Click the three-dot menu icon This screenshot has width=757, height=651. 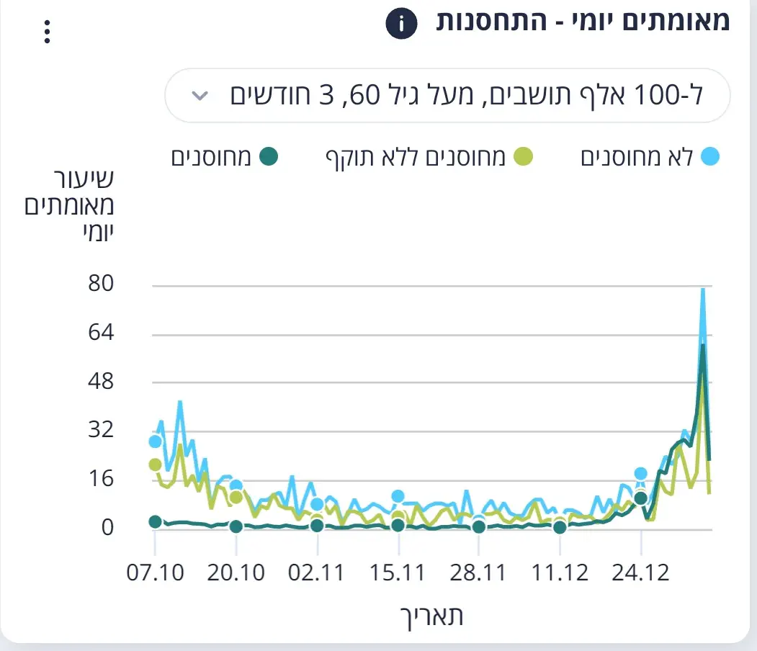(x=48, y=32)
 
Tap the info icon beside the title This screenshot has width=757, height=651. (x=401, y=26)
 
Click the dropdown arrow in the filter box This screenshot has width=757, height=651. (x=202, y=96)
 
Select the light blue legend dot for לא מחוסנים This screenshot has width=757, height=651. (x=709, y=157)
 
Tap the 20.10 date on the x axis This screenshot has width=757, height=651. (x=235, y=573)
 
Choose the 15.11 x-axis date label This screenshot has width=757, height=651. (x=397, y=573)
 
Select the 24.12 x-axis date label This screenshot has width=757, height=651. (x=640, y=573)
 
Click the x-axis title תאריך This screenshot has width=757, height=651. (x=431, y=616)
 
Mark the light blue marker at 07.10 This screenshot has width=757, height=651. (x=155, y=441)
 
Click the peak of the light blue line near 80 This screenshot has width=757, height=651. (x=703, y=289)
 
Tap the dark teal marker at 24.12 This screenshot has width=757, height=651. (x=640, y=498)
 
